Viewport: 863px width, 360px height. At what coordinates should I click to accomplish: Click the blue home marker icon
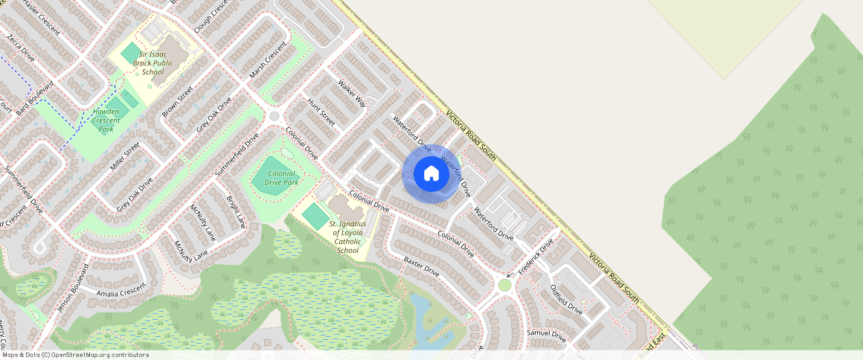click(431, 173)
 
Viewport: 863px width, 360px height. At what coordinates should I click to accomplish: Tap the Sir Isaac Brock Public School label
click(152, 63)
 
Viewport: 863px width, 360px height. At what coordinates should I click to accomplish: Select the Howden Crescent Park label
click(106, 120)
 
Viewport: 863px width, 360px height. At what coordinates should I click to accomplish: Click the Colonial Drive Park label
click(275, 178)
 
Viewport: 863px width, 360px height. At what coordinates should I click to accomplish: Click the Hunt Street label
click(322, 113)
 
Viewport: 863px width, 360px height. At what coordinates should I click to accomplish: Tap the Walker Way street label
click(352, 93)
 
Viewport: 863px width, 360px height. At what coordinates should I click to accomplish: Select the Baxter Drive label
click(422, 267)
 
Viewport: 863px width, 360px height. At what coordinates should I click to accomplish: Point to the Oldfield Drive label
click(566, 299)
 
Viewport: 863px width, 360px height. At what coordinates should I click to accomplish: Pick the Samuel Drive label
click(546, 335)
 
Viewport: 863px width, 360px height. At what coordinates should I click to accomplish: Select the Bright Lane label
click(236, 211)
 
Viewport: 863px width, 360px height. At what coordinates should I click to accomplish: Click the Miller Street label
click(124, 157)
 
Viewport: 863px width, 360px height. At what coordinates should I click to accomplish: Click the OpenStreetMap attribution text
click(74, 355)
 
